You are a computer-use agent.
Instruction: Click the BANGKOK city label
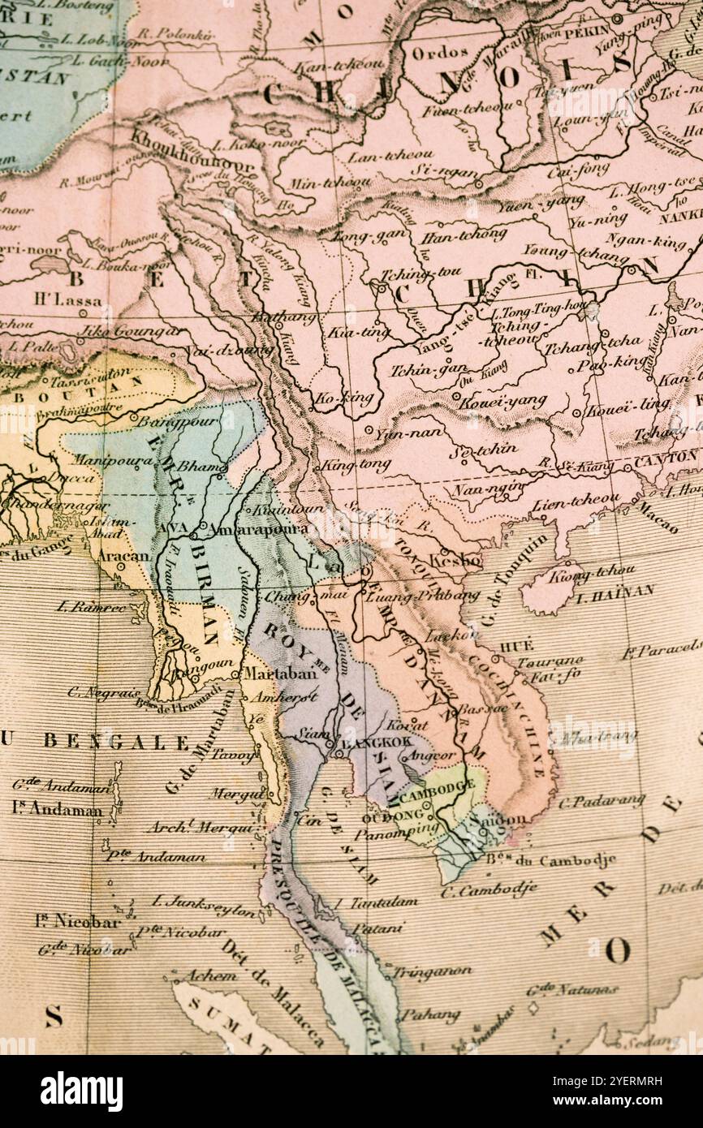tap(376, 742)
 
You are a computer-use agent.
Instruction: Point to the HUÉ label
tap(516, 646)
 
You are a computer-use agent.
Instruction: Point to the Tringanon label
tap(432, 971)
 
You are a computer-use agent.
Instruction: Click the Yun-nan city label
tap(408, 434)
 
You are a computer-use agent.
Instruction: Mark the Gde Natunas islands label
tap(571, 989)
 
